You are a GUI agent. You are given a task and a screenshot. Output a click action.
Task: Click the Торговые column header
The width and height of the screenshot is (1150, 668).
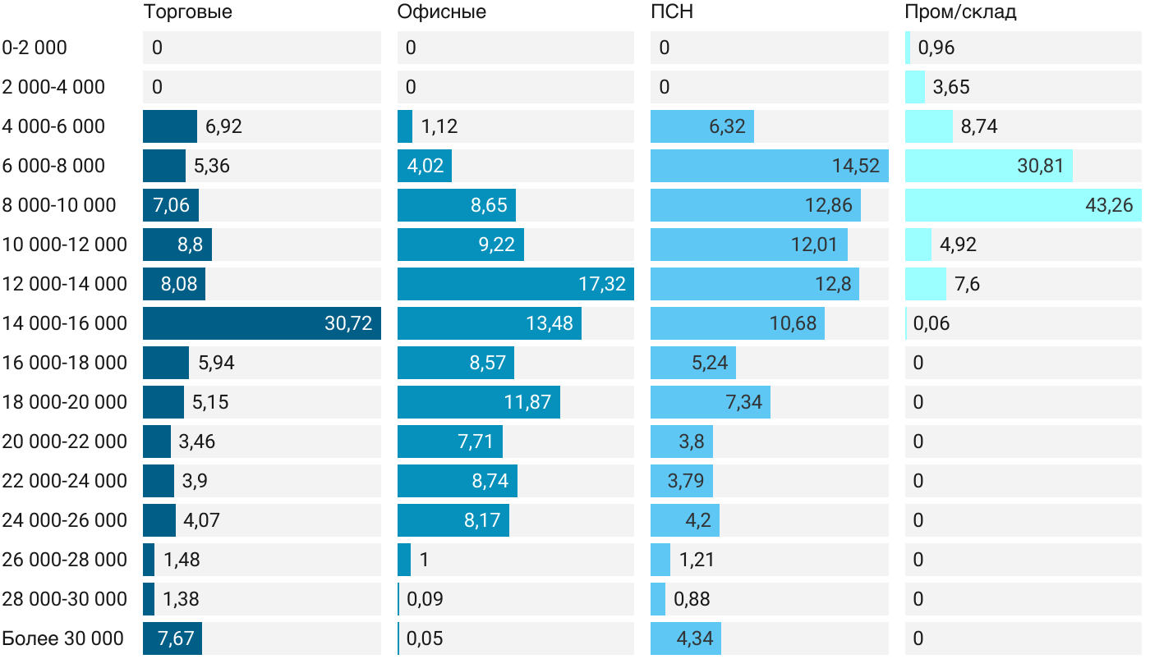pos(187,11)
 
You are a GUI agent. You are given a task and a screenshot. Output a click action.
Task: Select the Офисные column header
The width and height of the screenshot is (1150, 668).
pos(441,11)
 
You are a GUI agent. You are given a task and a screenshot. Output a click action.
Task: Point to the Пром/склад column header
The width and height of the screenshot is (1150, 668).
pos(960,11)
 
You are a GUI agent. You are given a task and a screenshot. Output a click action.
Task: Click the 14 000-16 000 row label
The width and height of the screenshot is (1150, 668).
pos(64,323)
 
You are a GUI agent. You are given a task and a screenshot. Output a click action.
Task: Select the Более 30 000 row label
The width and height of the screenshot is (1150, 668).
pos(62,638)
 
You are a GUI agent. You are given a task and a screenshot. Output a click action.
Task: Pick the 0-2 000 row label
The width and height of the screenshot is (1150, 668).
pos(34,48)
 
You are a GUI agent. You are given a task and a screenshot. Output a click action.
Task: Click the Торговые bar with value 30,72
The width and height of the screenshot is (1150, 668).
pos(261,323)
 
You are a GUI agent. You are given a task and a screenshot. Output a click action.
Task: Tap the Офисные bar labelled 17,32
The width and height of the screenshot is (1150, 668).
pos(515,284)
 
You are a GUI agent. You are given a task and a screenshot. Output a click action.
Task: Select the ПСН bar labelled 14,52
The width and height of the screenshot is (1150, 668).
pos(769,166)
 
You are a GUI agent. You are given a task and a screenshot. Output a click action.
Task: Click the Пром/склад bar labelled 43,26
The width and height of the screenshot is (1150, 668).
pos(1023,205)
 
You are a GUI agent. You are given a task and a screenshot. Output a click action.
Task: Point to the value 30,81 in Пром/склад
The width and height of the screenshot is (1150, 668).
pos(1040,166)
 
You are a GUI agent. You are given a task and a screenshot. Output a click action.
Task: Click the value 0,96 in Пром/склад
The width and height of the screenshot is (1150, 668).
pos(936,48)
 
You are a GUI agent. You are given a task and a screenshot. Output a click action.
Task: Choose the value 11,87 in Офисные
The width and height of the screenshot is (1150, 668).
pos(527,402)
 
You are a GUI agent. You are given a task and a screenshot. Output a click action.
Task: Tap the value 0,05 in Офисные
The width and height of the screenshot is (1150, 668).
pos(425,638)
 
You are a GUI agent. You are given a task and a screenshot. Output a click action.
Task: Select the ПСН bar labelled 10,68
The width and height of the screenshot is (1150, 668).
pos(737,323)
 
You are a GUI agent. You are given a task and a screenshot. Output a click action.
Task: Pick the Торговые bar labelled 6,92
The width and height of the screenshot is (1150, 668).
pos(169,126)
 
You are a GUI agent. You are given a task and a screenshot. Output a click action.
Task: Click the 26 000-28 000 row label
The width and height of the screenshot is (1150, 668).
pos(64,560)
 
